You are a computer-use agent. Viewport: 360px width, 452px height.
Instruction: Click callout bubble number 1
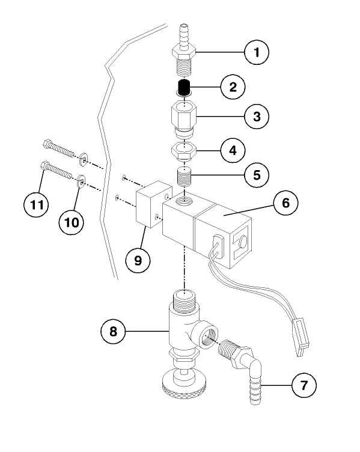coord(257,52)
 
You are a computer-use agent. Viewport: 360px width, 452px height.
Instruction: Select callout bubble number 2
coord(231,87)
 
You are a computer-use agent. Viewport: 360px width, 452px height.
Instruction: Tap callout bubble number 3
coord(257,117)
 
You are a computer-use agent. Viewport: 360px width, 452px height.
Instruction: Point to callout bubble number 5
coord(257,176)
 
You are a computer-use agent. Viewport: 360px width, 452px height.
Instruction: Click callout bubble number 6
coord(285,204)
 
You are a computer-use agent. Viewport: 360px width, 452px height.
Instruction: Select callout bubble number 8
coord(115,330)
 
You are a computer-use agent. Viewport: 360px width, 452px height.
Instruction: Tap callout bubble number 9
coord(138,260)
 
